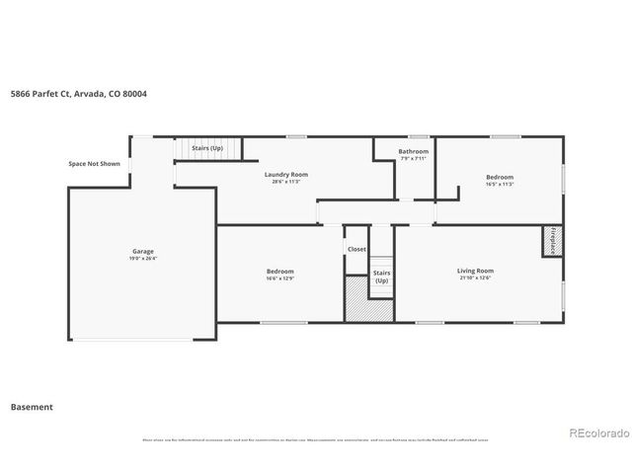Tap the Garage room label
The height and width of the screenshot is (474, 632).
(x=143, y=251)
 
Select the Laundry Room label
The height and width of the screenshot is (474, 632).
(x=281, y=175)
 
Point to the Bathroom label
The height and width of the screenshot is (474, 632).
(x=413, y=152)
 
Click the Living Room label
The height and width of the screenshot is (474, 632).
(x=475, y=271)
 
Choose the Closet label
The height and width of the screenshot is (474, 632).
(x=356, y=249)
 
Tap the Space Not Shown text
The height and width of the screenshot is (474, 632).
(x=94, y=164)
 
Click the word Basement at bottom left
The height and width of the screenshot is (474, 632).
(x=32, y=407)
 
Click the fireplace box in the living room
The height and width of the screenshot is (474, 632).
(x=550, y=242)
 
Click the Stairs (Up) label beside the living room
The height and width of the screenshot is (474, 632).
(x=381, y=276)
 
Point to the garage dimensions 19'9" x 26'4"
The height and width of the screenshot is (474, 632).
(x=143, y=259)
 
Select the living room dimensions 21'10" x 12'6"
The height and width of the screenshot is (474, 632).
(x=475, y=278)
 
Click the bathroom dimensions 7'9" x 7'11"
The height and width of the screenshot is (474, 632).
(x=413, y=159)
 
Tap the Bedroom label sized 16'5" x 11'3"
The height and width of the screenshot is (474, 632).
(x=499, y=178)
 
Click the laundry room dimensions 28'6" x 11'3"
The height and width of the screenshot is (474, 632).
(x=281, y=182)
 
